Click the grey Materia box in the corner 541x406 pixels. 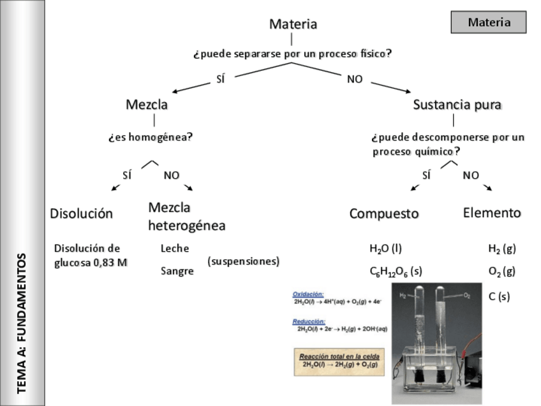pos(489,22)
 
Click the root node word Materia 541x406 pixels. pos(293,24)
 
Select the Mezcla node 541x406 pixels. pos(147,104)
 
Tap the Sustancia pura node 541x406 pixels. pos(457,104)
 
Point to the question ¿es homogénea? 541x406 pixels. pos(150,137)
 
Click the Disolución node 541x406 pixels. pos(81,214)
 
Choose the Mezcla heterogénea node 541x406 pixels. pos(186,216)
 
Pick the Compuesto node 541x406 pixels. pos(383,214)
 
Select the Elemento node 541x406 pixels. pos(492,213)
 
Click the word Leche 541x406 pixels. pos(175,249)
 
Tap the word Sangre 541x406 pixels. pos(177,271)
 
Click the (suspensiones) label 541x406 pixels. pos(244,261)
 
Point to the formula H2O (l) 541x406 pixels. pos(385,249)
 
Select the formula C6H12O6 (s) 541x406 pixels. pos(396,272)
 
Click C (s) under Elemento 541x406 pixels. pos(499,296)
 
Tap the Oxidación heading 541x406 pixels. pos(308,294)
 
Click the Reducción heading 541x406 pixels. pos(309,322)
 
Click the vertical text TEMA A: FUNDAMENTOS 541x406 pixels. pos(22,322)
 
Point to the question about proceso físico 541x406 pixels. pos(292,54)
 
